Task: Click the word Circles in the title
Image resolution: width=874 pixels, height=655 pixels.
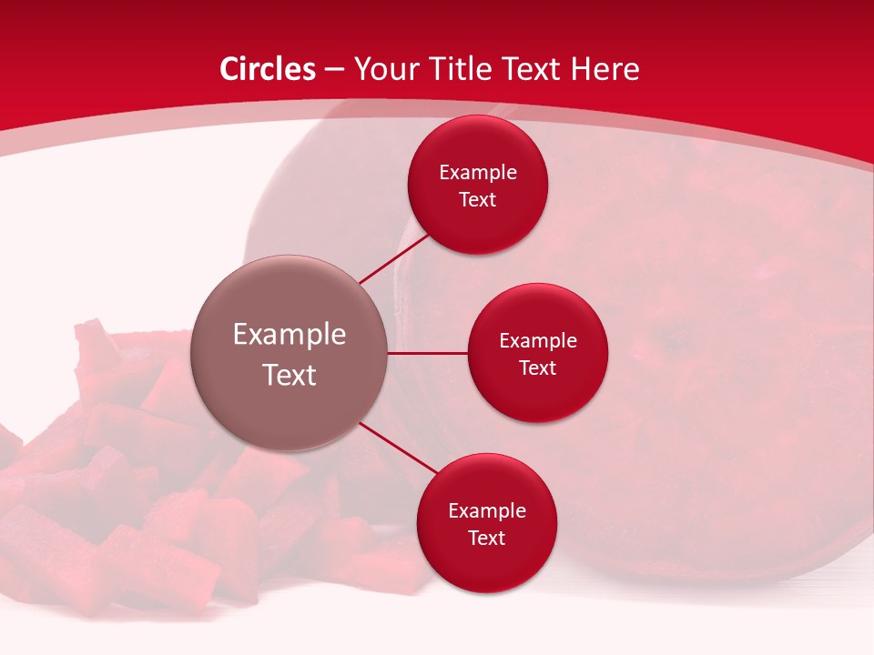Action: (268, 69)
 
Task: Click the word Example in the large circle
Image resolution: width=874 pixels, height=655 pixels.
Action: (290, 335)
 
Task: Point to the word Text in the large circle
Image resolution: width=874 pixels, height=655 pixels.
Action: (290, 375)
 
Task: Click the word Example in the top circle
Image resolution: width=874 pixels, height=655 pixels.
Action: (478, 173)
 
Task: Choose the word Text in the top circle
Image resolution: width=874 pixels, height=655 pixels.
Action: (478, 200)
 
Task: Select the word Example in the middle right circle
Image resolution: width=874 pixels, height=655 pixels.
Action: (538, 341)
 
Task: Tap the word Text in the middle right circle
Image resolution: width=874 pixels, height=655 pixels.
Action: (538, 368)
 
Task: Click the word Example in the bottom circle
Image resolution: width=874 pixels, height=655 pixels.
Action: (486, 511)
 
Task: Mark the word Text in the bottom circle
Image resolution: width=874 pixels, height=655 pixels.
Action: (486, 538)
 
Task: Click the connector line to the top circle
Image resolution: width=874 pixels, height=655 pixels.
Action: (394, 259)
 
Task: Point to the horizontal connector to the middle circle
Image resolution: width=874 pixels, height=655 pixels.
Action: (428, 353)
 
